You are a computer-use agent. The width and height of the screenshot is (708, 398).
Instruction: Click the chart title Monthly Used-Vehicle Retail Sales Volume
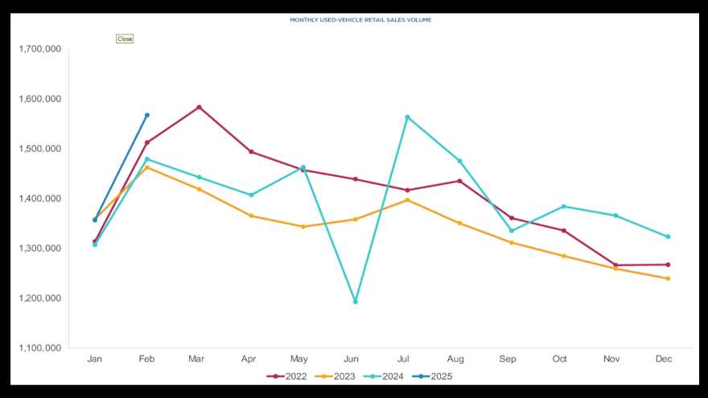pos(360,19)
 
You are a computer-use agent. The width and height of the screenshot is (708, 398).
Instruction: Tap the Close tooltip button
pos(125,39)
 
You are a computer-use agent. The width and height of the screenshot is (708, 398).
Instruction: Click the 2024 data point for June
pos(356,302)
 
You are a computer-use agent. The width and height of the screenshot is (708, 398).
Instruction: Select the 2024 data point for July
pos(408,117)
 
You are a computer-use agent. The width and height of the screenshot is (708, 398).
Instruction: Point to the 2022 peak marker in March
pos(199,107)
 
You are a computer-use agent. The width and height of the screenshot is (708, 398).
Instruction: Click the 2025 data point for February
pos(147,115)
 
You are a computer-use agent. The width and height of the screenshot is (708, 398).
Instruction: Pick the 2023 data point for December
pos(668,278)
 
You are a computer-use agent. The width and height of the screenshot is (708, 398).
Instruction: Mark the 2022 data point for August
pos(459,181)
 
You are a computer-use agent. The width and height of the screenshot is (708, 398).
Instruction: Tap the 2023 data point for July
pos(408,199)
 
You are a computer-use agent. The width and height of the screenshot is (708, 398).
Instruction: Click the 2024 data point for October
pos(564,207)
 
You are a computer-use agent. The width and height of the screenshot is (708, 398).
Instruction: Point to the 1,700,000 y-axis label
pos(40,49)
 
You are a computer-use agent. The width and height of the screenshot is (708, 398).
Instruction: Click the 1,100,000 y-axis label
pos(40,348)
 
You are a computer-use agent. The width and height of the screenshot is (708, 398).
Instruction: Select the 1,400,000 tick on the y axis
pos(40,199)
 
